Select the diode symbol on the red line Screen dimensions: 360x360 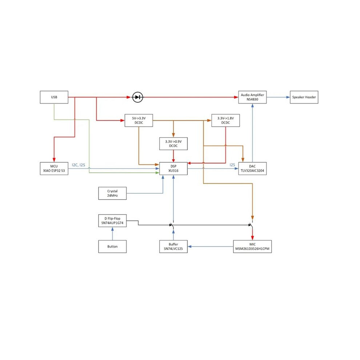pyautogui.click(x=137, y=97)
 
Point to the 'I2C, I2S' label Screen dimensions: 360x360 pyautogui.click(x=79, y=165)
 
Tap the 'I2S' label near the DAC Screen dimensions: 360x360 pyautogui.click(x=232, y=165)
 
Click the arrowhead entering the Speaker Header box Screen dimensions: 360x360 pyautogui.click(x=288, y=97)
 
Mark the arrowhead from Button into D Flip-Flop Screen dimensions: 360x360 pyautogui.click(x=112, y=229)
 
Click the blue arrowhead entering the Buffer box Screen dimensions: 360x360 pyautogui.click(x=190, y=247)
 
